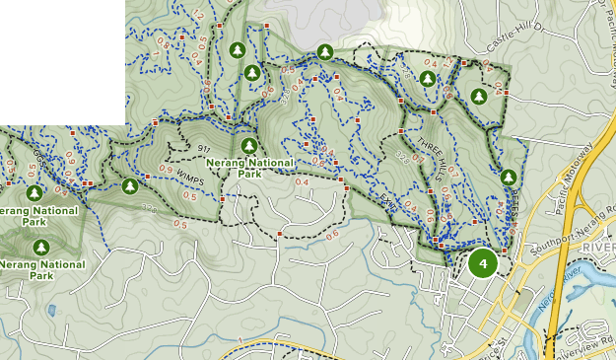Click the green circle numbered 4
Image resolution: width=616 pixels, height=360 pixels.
click(x=482, y=263)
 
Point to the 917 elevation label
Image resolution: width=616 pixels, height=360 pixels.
click(x=204, y=149)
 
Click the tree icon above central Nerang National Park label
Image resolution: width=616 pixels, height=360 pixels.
click(x=248, y=145)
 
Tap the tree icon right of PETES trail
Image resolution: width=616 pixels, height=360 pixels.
click(x=509, y=178)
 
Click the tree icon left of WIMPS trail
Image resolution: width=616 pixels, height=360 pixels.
click(x=129, y=185)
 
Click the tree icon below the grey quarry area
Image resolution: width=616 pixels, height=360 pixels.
click(x=323, y=51)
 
